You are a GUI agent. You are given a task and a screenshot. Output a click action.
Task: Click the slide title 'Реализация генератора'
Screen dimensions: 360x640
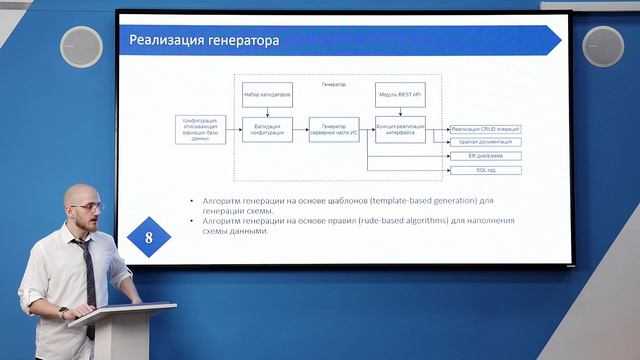tap(205, 41)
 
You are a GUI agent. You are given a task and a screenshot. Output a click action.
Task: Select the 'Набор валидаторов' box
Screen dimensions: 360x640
tap(267, 96)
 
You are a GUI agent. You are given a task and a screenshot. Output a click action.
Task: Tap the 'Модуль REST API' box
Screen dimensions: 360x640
tap(400, 96)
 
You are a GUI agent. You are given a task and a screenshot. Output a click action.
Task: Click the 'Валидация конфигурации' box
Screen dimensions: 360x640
tap(267, 129)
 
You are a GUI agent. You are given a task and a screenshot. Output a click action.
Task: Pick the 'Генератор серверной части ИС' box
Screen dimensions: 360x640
tap(333, 129)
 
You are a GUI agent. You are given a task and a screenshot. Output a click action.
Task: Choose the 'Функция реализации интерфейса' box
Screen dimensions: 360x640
tap(400, 129)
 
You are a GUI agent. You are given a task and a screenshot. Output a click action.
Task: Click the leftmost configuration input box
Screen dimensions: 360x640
tap(200, 129)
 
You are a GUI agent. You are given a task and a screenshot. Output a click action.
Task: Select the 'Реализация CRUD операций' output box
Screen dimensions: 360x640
tap(485, 129)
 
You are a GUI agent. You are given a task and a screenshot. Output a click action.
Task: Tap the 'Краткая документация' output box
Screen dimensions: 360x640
tap(485, 143)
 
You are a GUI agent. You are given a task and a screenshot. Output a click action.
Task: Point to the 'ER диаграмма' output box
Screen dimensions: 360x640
tap(485, 157)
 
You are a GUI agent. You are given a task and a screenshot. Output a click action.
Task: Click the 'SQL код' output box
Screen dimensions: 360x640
tap(485, 171)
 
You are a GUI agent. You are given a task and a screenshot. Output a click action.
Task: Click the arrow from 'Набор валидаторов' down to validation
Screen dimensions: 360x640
tap(267, 112)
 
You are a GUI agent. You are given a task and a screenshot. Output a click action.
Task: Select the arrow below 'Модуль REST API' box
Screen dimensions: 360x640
tap(400, 112)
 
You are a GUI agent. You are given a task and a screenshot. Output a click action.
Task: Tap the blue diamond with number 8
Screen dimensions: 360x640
tap(149, 238)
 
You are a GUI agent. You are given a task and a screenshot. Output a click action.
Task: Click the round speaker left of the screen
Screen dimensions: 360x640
tap(81, 46)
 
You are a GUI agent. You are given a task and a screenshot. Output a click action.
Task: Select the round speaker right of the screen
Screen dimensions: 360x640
tap(603, 46)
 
